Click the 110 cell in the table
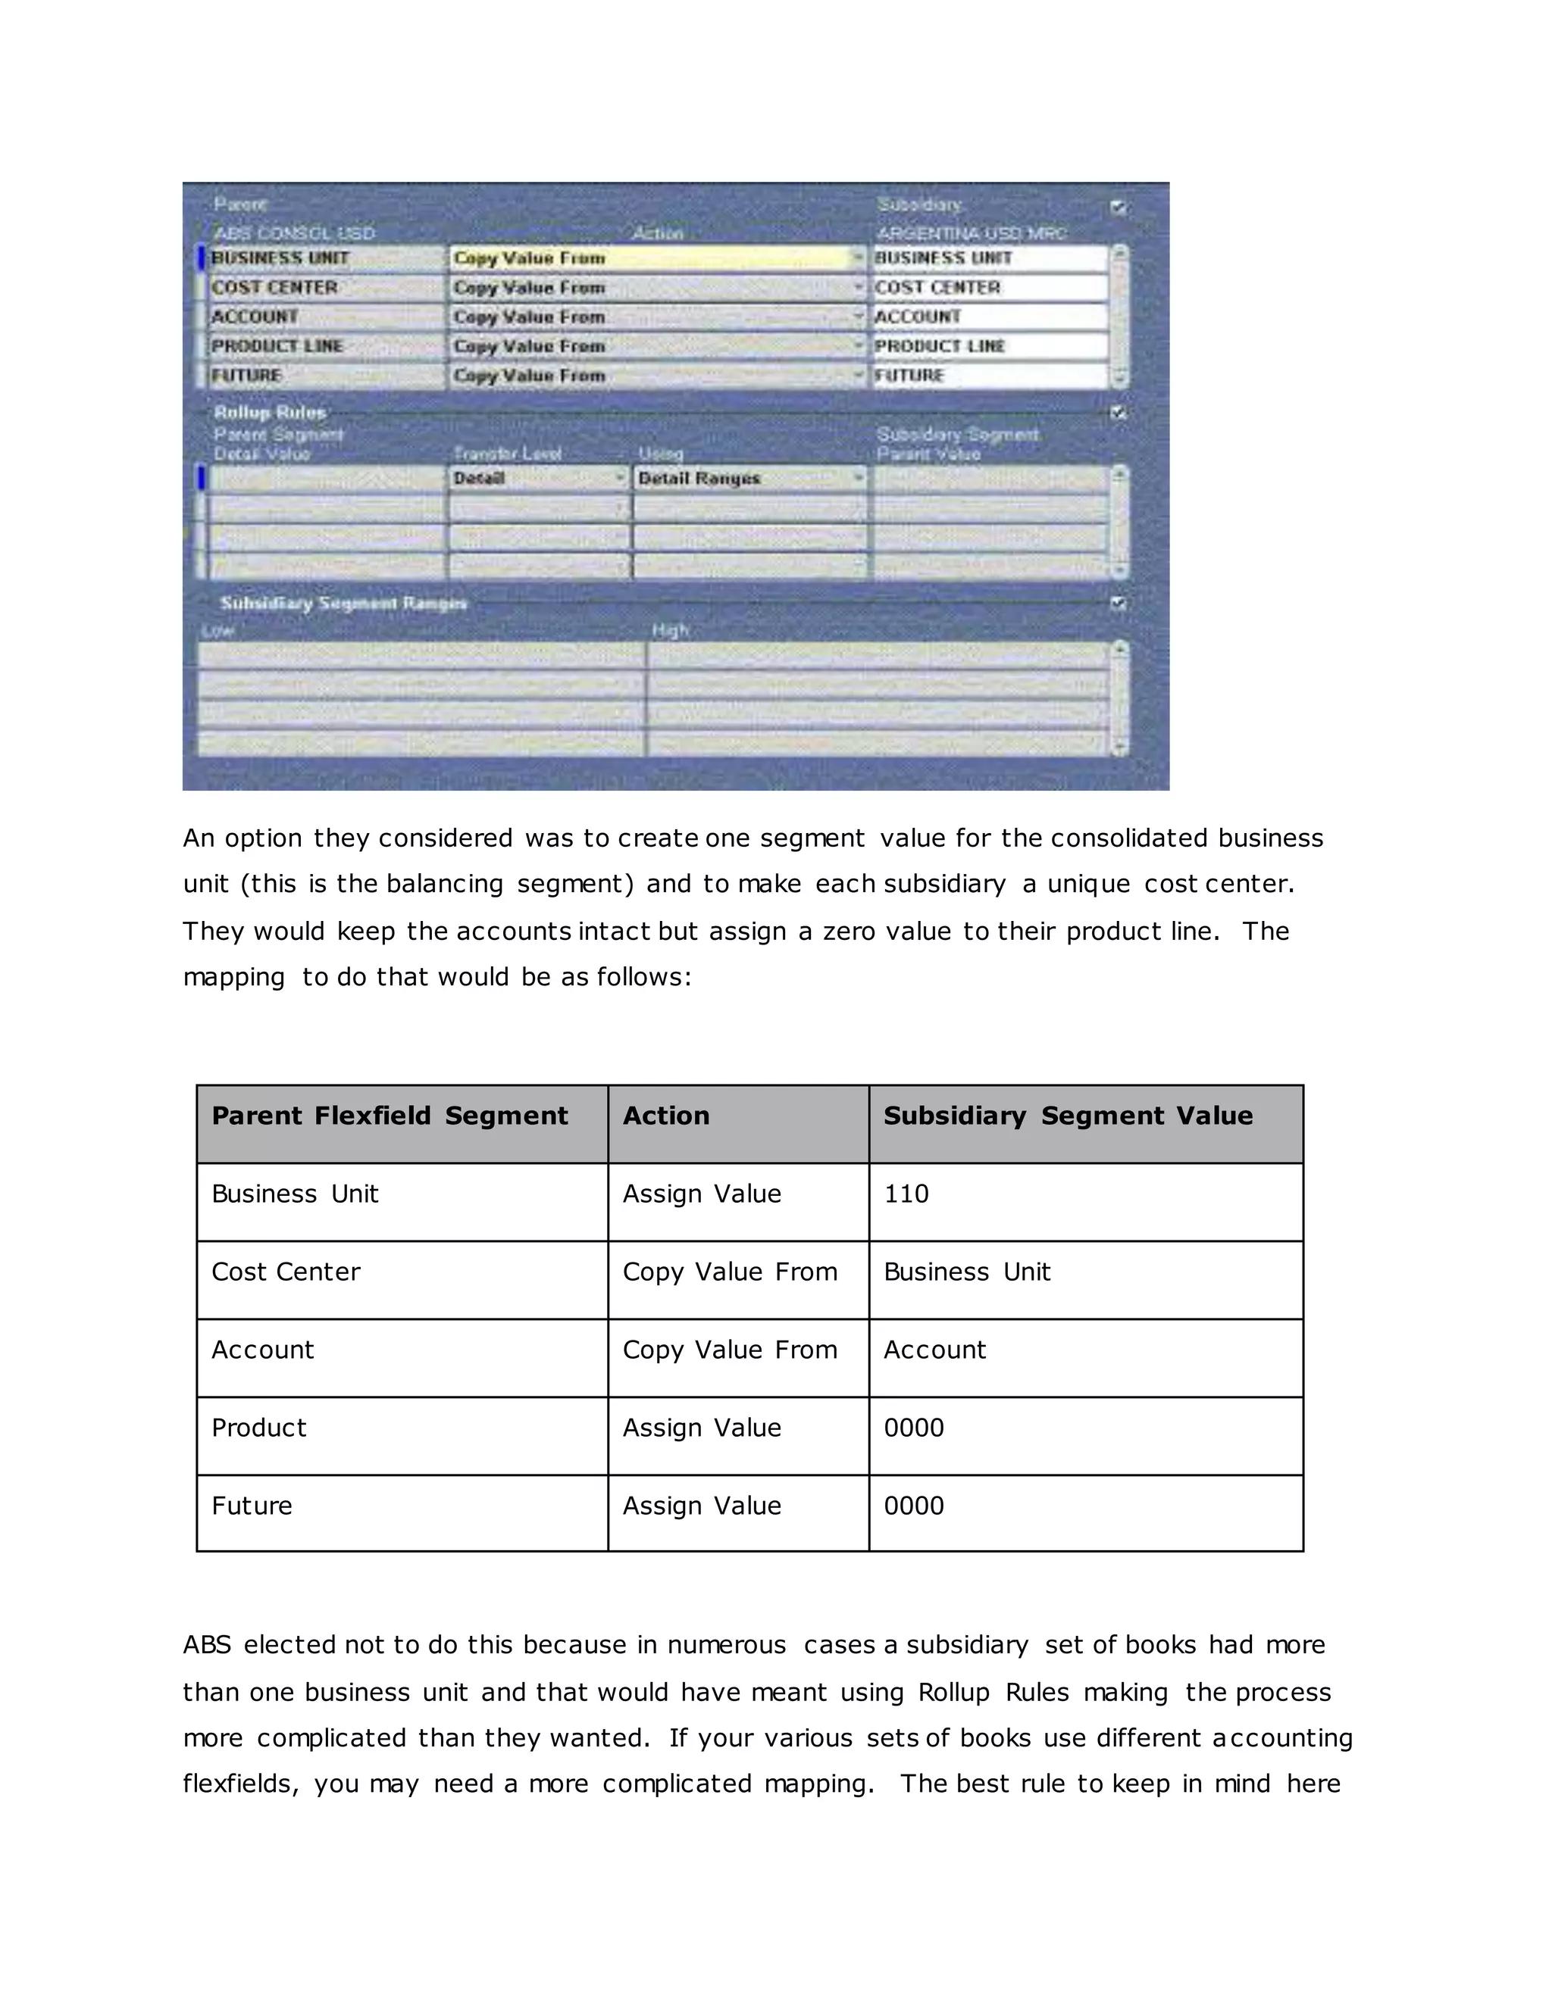[906, 1194]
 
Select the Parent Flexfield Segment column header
[390, 1116]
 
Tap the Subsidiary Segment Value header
[1068, 1116]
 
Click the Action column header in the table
[665, 1116]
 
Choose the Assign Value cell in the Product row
[702, 1428]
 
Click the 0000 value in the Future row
[914, 1506]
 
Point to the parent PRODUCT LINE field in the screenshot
[325, 346]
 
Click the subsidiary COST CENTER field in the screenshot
[988, 288]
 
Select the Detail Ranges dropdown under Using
[749, 479]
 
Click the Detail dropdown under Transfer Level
[538, 479]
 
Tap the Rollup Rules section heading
[269, 413]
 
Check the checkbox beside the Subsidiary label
[1118, 208]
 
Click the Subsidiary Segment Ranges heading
[343, 604]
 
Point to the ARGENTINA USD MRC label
[971, 233]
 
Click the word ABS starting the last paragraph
[207, 1645]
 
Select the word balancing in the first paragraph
[444, 884]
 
